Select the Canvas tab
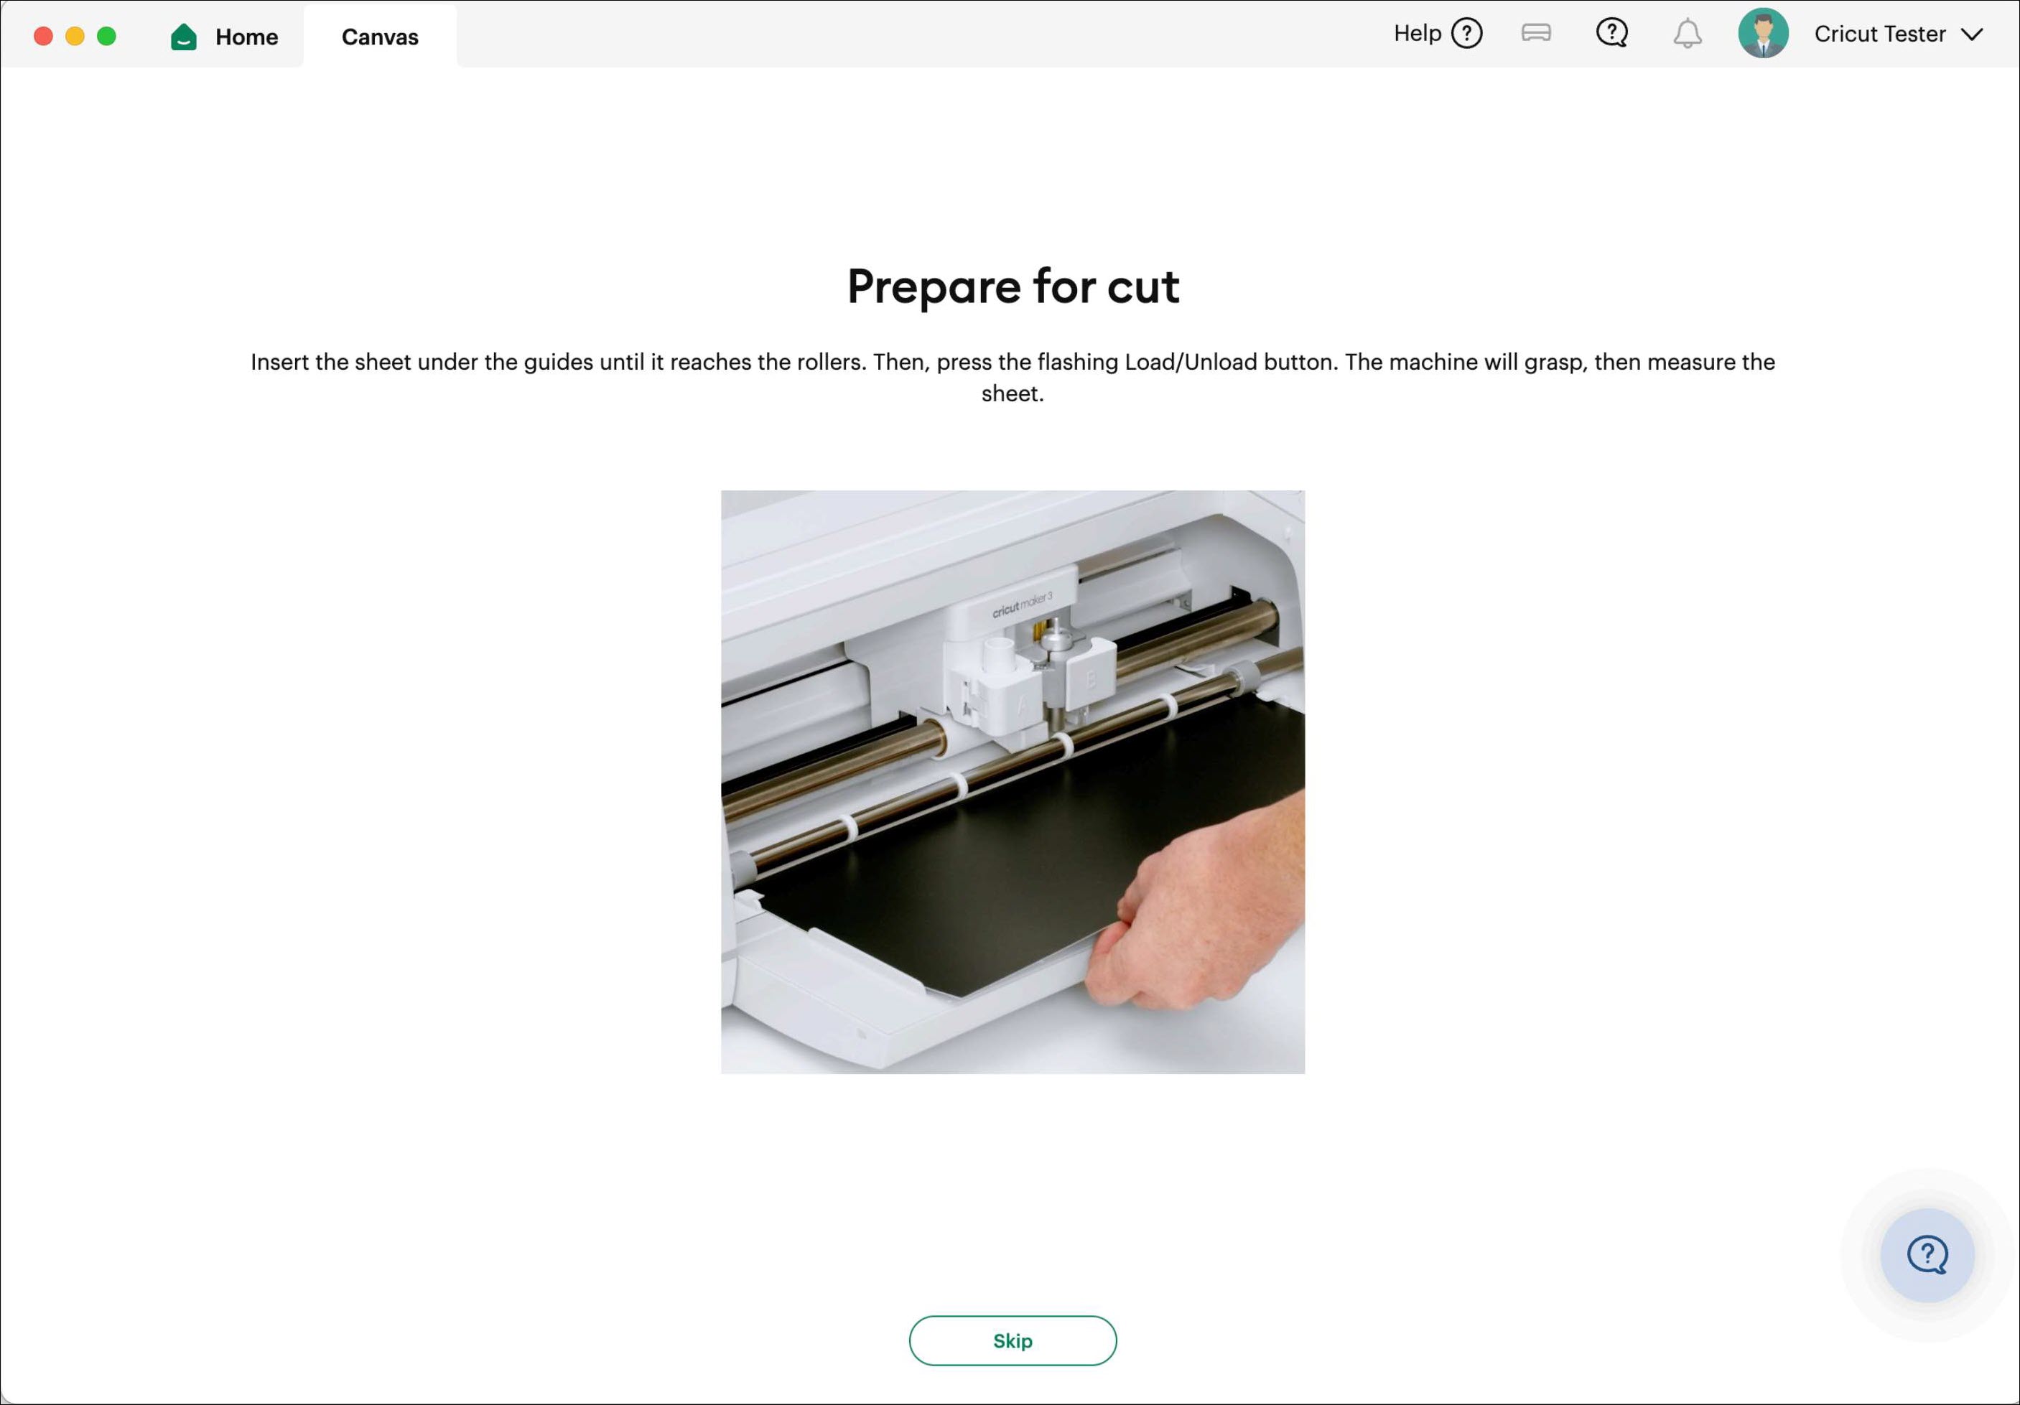point(379,36)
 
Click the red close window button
point(43,36)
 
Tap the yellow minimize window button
point(75,36)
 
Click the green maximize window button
point(106,36)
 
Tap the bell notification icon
point(1687,34)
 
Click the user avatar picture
point(1762,34)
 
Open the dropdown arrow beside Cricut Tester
point(1973,34)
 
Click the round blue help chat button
point(1927,1254)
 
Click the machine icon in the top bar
point(1535,34)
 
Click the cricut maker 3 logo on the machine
point(1021,605)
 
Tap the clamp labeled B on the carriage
point(1091,679)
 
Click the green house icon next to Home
point(184,36)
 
